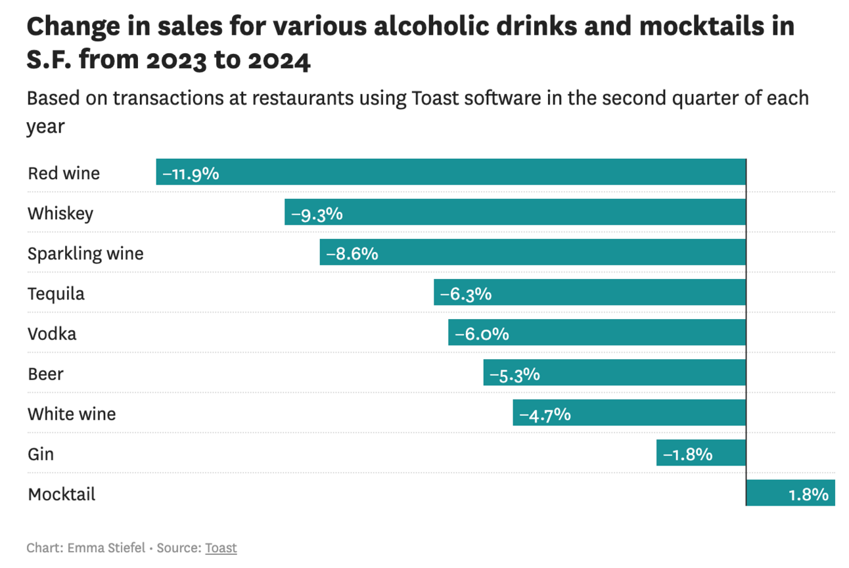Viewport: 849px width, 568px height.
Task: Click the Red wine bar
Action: point(451,172)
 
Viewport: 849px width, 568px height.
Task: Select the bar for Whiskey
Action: point(515,212)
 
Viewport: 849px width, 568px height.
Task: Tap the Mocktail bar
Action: point(791,493)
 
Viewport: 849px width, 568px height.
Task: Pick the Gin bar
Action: point(701,453)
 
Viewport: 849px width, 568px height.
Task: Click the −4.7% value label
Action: point(545,414)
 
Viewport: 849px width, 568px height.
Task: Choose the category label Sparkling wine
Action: point(85,253)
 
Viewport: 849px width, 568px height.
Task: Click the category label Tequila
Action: point(56,294)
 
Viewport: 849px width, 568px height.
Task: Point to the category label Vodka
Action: point(52,334)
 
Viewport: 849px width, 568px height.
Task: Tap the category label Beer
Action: point(45,374)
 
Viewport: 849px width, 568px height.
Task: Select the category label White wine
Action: point(72,414)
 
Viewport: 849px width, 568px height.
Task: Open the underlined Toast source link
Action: point(221,548)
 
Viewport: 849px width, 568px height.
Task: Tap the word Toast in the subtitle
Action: point(436,98)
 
